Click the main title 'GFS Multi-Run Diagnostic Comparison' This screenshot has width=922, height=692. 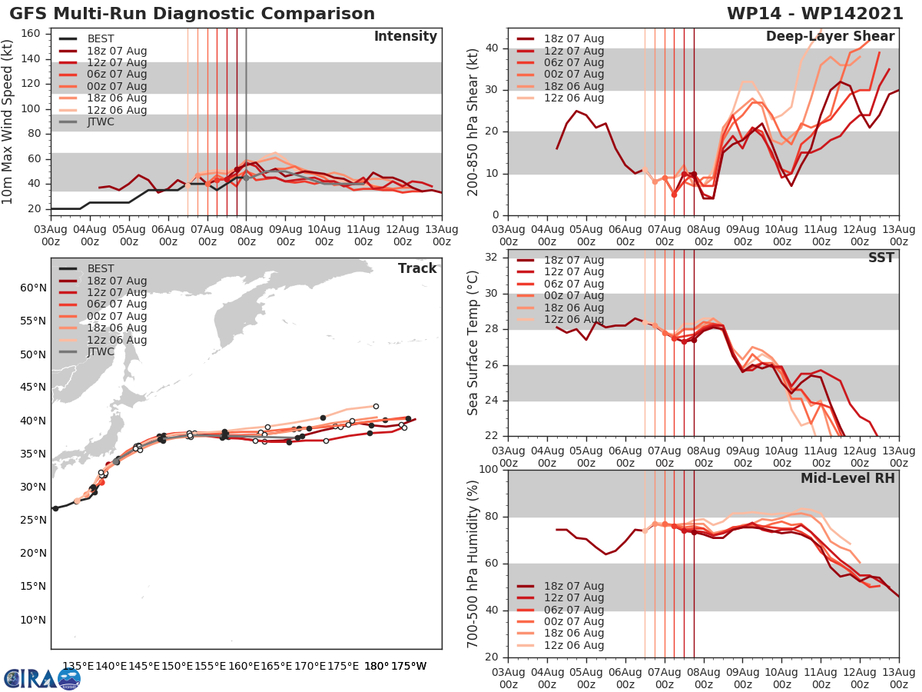point(192,14)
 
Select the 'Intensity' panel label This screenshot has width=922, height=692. point(405,37)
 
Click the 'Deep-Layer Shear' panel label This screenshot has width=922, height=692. point(830,37)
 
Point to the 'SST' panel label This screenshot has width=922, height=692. point(881,258)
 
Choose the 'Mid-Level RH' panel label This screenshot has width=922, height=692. point(847,478)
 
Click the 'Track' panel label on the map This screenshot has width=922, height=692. point(417,268)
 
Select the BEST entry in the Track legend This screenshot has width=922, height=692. point(101,268)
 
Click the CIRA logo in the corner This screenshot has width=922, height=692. point(42,679)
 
